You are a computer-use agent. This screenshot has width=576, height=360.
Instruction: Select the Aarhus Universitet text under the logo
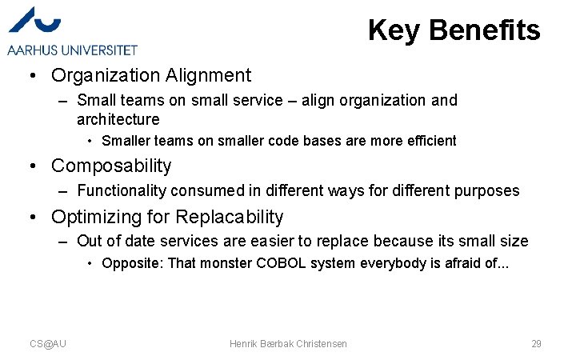[x=73, y=50]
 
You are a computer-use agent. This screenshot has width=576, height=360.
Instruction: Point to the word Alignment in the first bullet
[x=209, y=76]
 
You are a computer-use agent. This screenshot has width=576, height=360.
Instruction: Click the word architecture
[x=118, y=119]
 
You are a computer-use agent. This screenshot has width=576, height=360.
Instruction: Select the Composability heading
[x=111, y=166]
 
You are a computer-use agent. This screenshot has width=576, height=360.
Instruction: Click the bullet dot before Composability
[x=33, y=166]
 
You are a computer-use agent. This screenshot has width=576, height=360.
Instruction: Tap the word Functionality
[x=122, y=190]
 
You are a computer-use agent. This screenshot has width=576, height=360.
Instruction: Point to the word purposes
[x=488, y=191]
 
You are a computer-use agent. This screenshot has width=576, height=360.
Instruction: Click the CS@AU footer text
[x=48, y=343]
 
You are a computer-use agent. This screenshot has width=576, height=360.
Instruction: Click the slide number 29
[x=536, y=343]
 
